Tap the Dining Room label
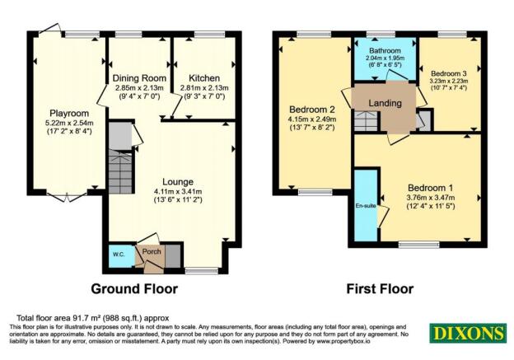140,77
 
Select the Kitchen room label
201,77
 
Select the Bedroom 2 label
310,108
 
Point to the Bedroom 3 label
449,73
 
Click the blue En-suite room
366,203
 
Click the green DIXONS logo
467,333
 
